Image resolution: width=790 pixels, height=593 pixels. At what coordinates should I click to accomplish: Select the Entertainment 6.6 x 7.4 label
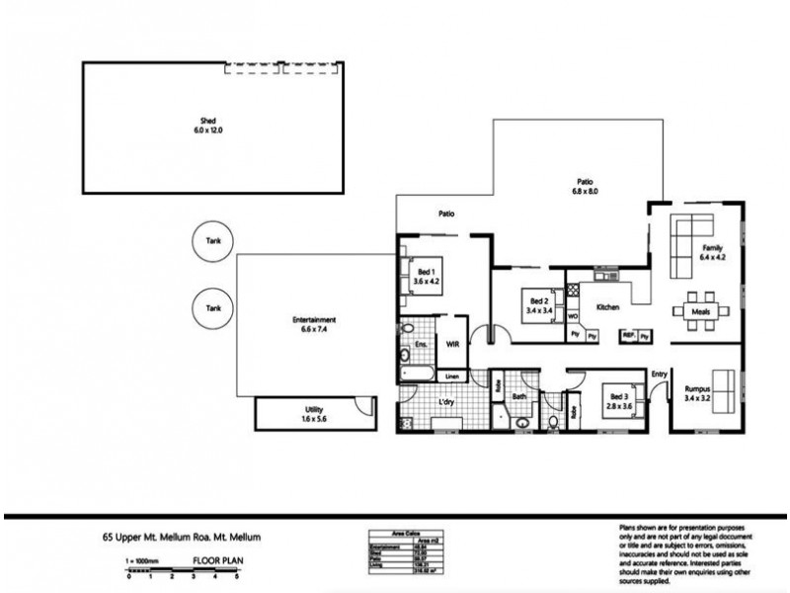coord(316,323)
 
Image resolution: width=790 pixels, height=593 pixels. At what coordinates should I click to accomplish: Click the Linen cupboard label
coord(452,377)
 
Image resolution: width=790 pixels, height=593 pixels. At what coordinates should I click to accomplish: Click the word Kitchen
coord(607,307)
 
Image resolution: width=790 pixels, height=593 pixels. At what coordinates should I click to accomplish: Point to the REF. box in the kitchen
coord(627,336)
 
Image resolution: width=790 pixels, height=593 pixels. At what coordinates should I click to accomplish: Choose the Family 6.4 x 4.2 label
coord(711,253)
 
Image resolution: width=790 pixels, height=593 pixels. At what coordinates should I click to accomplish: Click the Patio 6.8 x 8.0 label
coord(586,187)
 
